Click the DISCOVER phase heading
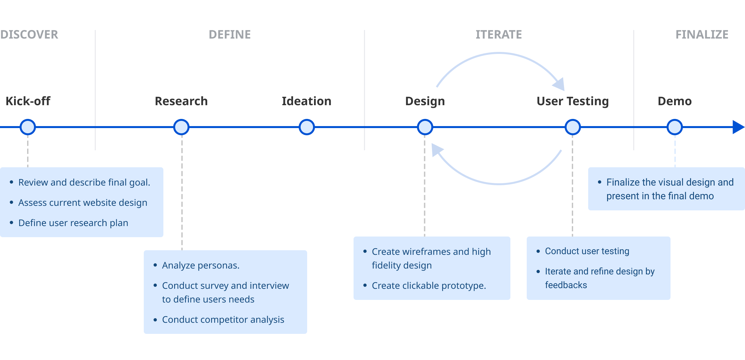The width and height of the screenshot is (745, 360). click(29, 35)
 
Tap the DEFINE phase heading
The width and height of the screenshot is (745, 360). click(230, 35)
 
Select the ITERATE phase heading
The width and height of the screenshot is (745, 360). click(499, 35)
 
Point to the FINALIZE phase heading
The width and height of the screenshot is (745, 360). click(702, 35)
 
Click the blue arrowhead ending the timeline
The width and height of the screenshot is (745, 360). click(738, 127)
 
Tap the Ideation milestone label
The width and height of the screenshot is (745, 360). click(306, 101)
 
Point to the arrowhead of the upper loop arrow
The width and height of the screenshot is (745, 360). click(559, 85)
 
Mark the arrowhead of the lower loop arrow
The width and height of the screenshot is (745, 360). click(437, 150)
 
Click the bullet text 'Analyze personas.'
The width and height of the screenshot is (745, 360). click(201, 265)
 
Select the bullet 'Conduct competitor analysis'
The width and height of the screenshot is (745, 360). click(223, 319)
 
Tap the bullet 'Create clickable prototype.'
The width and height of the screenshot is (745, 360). click(429, 286)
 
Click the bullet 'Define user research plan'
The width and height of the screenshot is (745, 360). click(73, 223)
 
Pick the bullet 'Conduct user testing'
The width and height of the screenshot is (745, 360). click(587, 251)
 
